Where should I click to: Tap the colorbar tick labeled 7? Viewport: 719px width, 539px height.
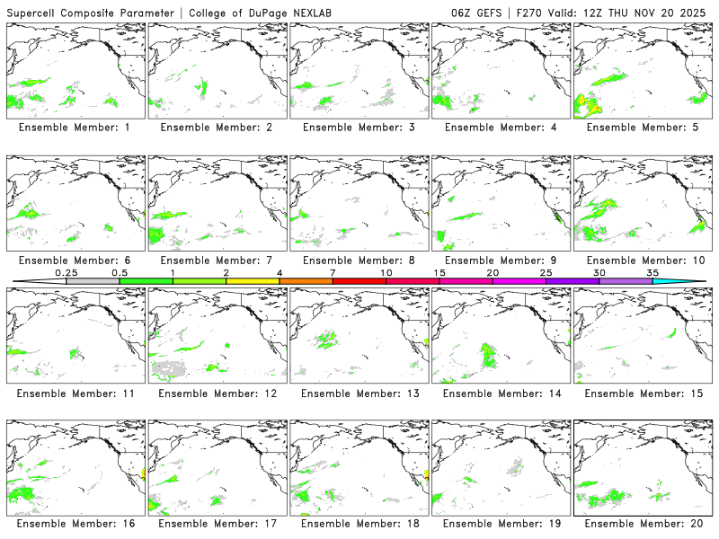coord(333,272)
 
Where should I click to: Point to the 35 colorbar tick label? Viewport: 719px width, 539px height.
coord(652,272)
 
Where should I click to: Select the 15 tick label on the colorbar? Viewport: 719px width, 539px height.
coord(439,272)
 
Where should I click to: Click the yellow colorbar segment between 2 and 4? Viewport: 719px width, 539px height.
coord(253,281)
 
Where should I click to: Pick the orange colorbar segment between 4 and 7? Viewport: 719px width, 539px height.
coord(306,281)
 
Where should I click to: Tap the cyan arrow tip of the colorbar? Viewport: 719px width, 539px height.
coord(696,281)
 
